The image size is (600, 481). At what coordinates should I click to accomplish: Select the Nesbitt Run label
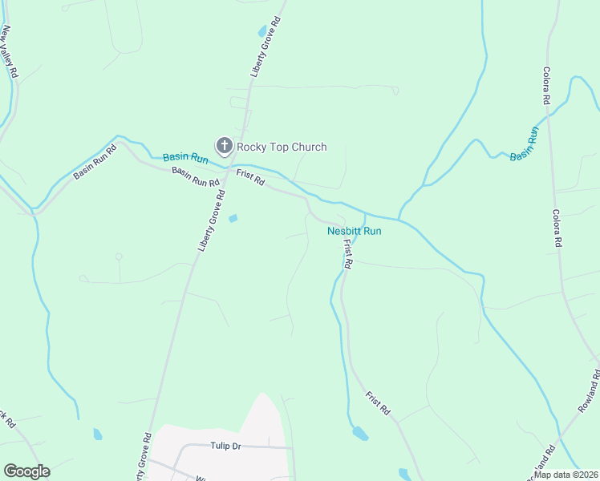(354, 231)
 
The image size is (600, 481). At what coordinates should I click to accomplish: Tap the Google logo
(26, 471)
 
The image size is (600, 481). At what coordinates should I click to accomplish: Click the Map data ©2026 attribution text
(566, 475)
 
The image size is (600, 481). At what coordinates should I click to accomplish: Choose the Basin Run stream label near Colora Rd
(525, 143)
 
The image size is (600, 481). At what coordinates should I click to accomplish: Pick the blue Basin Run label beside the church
(185, 159)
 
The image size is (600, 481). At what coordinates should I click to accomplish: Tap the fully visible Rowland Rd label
(590, 392)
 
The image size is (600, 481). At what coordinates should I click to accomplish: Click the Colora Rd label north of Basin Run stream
(546, 86)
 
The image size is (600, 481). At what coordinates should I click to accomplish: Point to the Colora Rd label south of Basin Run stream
(557, 228)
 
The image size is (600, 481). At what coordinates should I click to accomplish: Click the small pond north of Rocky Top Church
(261, 32)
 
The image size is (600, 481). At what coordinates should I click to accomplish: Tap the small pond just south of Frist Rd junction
(233, 218)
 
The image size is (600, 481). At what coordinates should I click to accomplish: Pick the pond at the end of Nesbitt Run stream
(360, 434)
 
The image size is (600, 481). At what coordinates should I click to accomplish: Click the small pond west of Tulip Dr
(97, 434)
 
